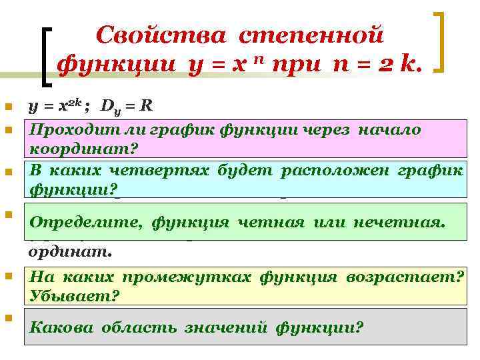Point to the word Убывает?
pos(73,295)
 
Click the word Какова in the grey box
pos(60,327)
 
